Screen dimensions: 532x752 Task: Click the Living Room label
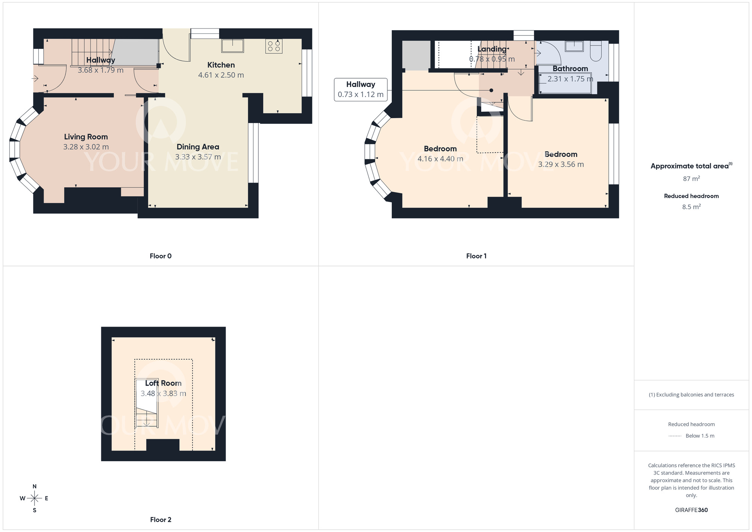pos(86,137)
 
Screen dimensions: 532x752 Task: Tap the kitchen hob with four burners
pos(274,46)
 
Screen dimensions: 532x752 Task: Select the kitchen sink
pos(232,46)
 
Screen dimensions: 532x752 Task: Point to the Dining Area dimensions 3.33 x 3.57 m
pos(198,157)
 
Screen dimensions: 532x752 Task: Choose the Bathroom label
pos(570,68)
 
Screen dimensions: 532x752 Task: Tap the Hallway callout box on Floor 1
pos(361,90)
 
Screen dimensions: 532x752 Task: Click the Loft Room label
pos(163,383)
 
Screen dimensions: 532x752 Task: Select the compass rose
pos(34,499)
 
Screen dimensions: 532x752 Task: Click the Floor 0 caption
pos(161,256)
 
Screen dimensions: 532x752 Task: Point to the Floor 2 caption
pos(161,520)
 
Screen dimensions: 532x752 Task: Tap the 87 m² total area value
pos(691,179)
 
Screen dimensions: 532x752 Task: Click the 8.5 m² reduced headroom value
pos(691,207)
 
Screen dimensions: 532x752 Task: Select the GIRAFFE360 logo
pos(691,510)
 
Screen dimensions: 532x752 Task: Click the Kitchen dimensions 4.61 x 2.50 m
pos(221,75)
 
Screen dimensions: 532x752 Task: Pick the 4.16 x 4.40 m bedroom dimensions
pos(440,159)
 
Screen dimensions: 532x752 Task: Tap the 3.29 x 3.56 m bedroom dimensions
pos(561,164)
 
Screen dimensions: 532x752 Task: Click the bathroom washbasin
pos(574,46)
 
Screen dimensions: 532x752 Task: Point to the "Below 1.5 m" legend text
pos(700,436)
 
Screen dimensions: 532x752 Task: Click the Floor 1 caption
pos(476,256)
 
